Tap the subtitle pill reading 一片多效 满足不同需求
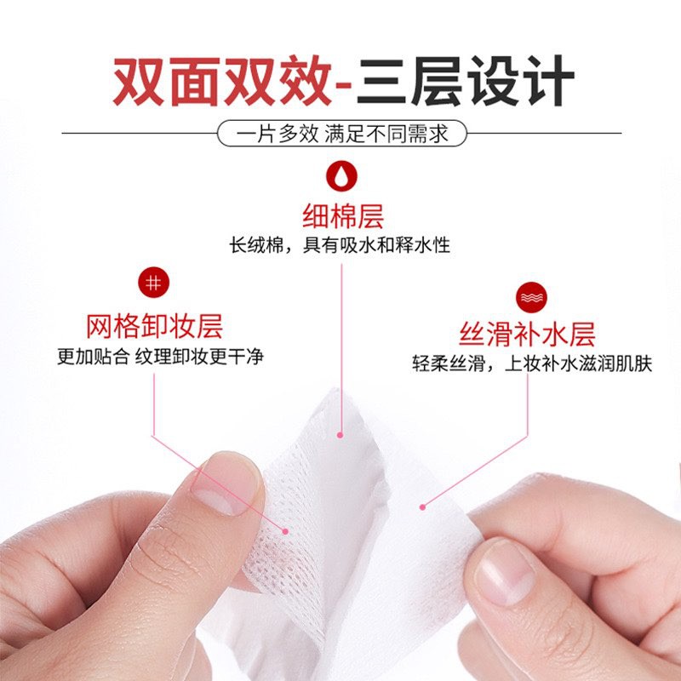pos(340,134)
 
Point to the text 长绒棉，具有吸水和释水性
pos(340,246)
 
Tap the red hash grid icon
pos(154,284)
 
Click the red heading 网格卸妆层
pos(154,324)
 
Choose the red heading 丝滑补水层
pos(529,333)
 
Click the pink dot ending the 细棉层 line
pos(341,435)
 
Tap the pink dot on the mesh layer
pos(285,530)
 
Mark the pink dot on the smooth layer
pos(423,507)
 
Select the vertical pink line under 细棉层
pos(341,340)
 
